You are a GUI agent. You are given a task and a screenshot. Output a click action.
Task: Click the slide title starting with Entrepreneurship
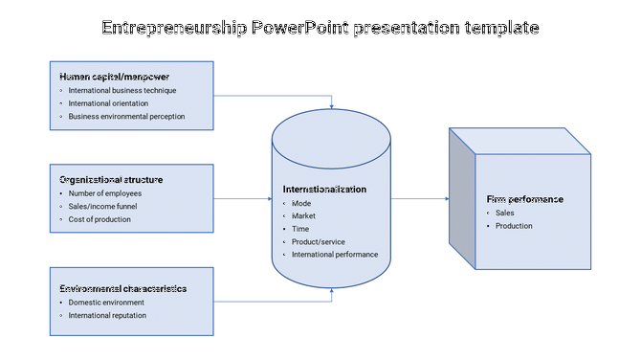coord(320,28)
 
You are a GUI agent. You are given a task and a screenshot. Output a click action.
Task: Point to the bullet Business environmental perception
coord(126,117)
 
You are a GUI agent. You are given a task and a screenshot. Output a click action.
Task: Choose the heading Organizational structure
coord(111,179)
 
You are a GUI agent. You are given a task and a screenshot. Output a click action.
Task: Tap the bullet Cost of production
coord(99,219)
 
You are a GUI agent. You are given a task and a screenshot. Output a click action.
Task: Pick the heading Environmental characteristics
coord(122,288)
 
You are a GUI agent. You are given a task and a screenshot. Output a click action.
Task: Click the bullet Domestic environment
coord(106,302)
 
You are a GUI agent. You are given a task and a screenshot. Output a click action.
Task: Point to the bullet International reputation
coord(107,315)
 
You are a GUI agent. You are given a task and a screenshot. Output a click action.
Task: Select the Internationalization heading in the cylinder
coord(324,190)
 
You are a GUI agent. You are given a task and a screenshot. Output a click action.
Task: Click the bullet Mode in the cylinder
coord(301,203)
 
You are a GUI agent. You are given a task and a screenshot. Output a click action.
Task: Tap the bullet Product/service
coord(319,241)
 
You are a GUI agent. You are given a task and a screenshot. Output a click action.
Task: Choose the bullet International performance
coord(335,255)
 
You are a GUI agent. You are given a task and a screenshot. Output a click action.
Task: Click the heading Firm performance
coord(524,199)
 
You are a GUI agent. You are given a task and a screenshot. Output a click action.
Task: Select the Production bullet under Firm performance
coord(514,226)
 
